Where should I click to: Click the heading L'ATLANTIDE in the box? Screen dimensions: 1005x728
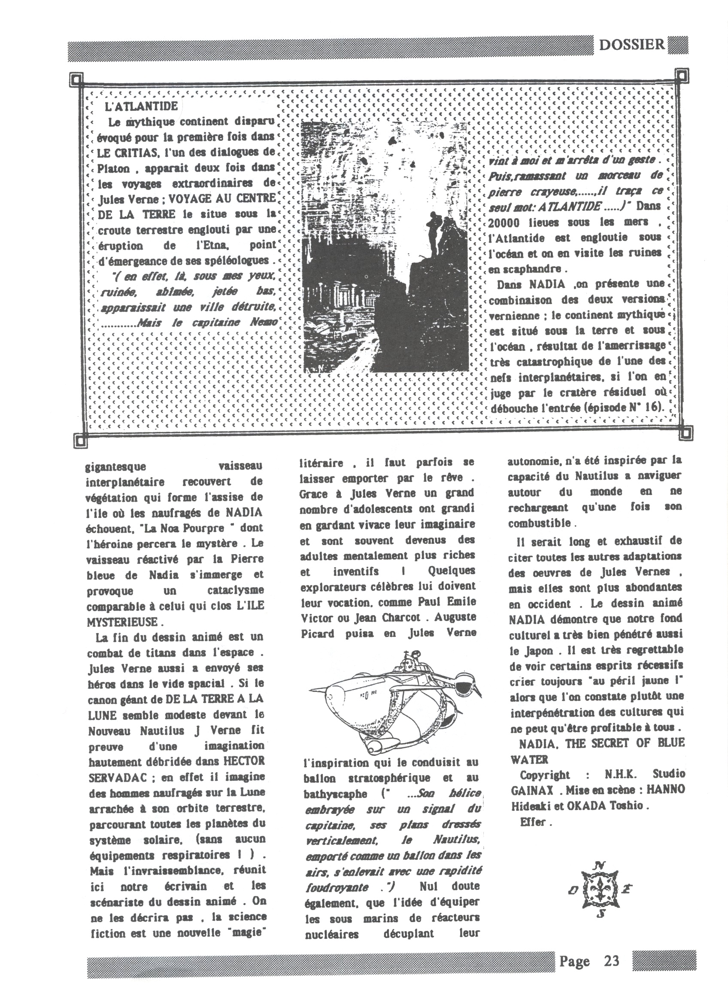141,107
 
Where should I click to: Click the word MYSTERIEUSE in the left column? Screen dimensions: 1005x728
123,622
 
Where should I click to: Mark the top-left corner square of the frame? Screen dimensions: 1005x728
76,80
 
